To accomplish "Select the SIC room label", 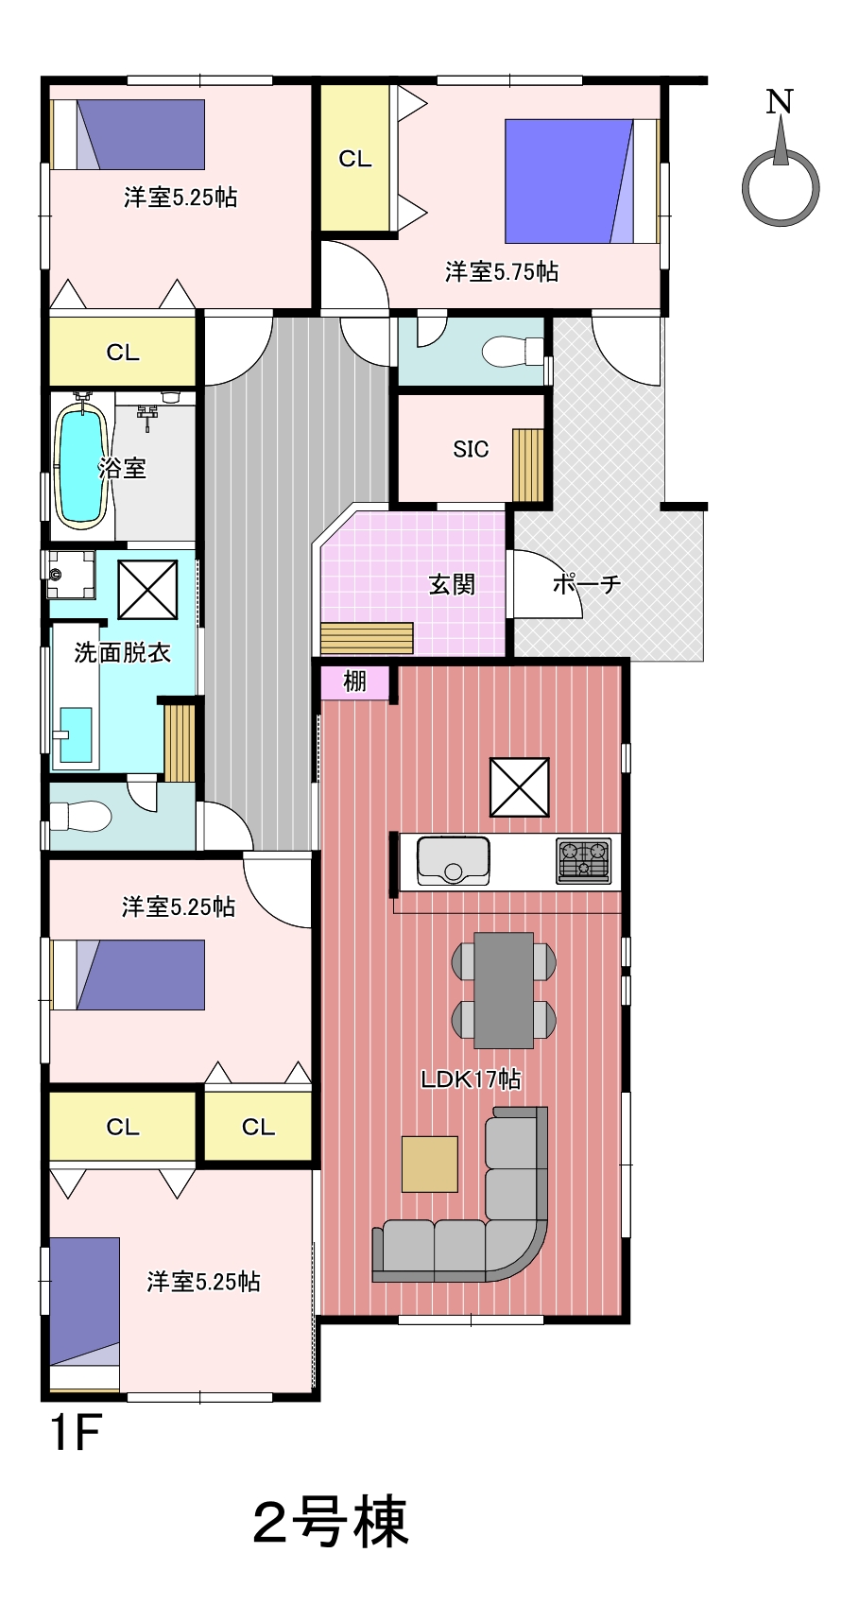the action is (x=471, y=449).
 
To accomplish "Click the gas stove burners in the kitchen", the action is (x=583, y=861).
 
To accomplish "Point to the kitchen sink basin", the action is (x=454, y=861).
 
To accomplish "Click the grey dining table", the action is (x=504, y=990).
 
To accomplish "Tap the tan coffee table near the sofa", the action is (x=430, y=1164).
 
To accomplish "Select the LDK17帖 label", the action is (x=471, y=1078).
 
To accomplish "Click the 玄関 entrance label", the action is (x=452, y=584).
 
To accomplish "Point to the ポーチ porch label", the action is (x=587, y=583).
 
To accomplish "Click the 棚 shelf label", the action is (x=354, y=681).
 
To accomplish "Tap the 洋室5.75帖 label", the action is (x=502, y=272).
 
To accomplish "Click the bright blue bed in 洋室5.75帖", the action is (x=569, y=181).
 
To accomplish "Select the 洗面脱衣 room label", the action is (x=123, y=652).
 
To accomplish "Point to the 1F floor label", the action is (x=75, y=1433).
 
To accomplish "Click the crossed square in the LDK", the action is (x=519, y=787).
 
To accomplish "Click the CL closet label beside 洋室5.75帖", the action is (x=355, y=159).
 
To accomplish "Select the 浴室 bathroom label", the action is (x=122, y=467).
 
